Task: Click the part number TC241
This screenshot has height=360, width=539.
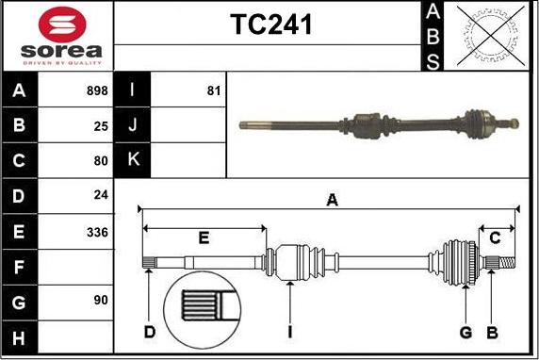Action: [271, 25]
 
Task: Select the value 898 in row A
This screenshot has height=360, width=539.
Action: [96, 91]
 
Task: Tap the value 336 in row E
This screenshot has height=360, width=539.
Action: [97, 231]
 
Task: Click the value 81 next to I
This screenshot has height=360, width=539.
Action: [213, 91]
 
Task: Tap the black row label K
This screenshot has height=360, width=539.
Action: [132, 160]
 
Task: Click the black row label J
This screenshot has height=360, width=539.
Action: [132, 125]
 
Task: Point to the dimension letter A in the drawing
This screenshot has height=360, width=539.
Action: [331, 200]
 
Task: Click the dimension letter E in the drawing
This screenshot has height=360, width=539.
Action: [204, 237]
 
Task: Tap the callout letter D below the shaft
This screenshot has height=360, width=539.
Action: [149, 331]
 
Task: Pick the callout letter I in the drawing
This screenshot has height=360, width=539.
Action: [291, 331]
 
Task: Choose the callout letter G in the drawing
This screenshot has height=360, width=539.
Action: [465, 331]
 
